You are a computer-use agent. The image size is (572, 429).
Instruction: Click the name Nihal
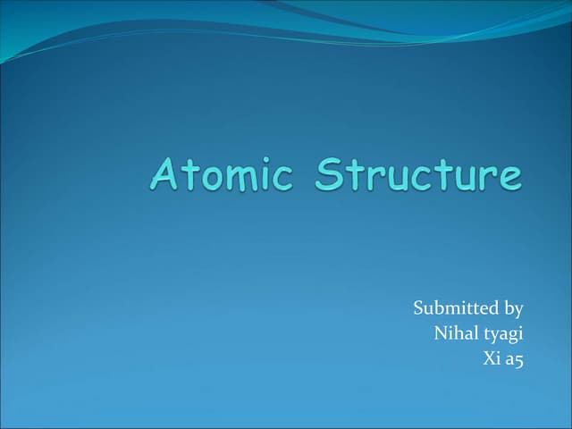[x=454, y=334]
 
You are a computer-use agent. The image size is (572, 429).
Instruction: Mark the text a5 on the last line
[x=513, y=360]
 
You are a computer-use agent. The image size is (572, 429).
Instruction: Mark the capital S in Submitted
[x=419, y=308]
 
